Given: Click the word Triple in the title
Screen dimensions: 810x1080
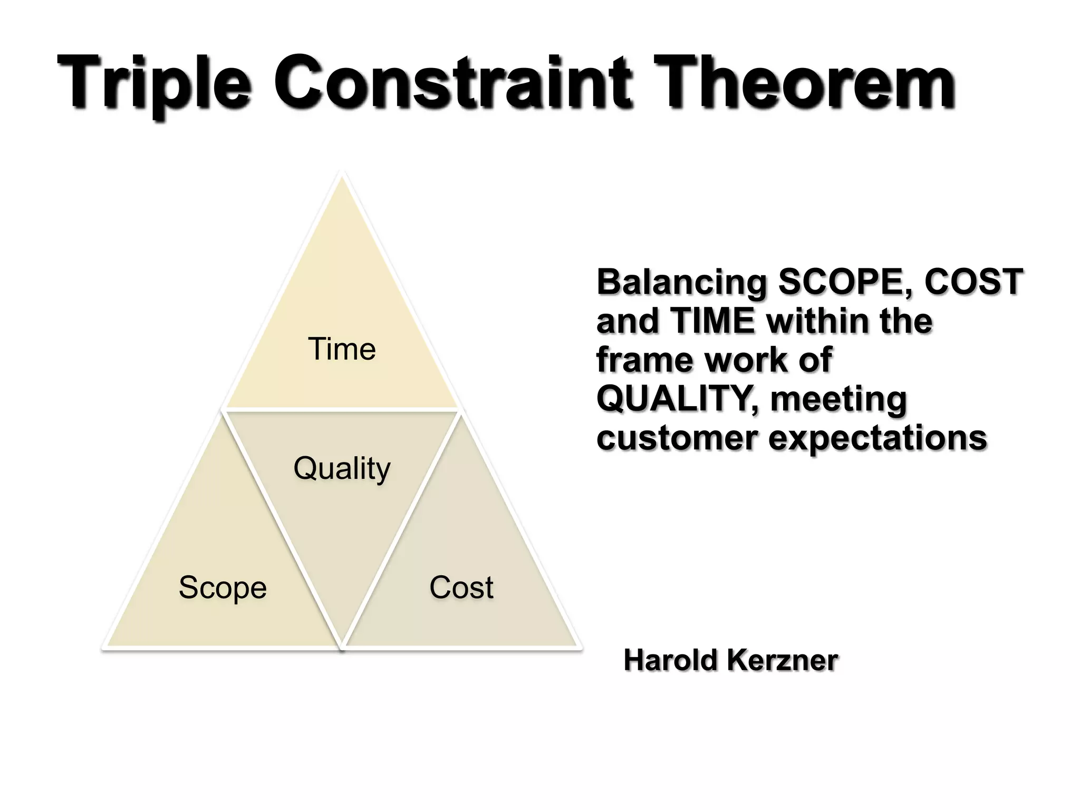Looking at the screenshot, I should point(153,84).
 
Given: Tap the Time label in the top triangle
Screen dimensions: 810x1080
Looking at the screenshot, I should point(342,349).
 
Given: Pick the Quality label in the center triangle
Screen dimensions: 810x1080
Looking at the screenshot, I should point(342,468).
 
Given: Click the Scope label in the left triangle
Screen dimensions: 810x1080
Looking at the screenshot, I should point(223,587).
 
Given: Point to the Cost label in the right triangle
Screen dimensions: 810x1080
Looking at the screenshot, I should point(461,587).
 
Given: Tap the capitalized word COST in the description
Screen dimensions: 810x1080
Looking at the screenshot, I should point(973,282).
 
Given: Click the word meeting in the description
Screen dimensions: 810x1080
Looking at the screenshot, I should point(838,399).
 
